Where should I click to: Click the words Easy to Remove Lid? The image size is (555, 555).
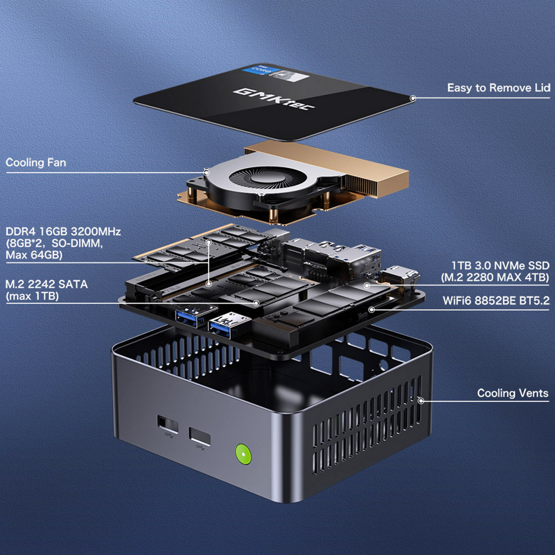pos(498,88)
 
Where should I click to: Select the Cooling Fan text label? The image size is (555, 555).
pos(36,163)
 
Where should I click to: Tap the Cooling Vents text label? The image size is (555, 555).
pos(512,393)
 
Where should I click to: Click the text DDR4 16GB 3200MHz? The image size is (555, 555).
pos(63,231)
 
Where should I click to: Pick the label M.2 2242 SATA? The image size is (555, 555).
pos(46,284)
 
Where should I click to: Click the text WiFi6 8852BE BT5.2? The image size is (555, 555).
pos(496,301)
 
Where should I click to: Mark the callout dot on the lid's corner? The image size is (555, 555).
pos(412,98)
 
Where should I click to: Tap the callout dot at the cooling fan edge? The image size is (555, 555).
pos(206,172)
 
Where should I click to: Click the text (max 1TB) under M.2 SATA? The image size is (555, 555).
pos(32,296)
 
